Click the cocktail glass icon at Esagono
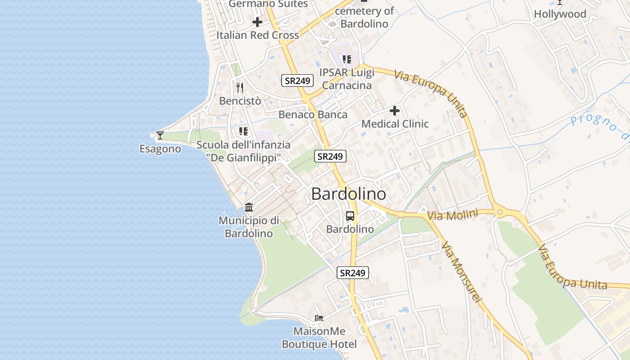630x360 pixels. (160, 135)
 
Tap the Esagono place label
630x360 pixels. (160, 149)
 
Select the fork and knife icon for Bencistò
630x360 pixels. (240, 87)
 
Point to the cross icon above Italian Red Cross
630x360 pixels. (257, 22)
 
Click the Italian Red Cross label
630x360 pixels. (257, 35)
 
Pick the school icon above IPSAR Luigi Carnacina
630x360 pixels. (346, 59)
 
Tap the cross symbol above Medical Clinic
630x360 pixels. (395, 110)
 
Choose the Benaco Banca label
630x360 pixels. (313, 115)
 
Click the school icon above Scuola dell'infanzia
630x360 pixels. (243, 131)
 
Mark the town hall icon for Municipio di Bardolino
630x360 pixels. (248, 207)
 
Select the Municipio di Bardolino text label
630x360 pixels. (249, 227)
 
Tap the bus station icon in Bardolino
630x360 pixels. (350, 216)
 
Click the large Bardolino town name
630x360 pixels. (348, 194)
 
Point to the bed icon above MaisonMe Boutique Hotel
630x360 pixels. (319, 318)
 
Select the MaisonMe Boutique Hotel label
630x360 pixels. (319, 338)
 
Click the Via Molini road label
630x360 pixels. (452, 215)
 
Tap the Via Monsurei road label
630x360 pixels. (462, 273)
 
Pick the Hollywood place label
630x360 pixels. (560, 14)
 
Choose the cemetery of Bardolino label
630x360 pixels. (364, 17)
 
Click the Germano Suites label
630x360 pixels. (268, 4)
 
